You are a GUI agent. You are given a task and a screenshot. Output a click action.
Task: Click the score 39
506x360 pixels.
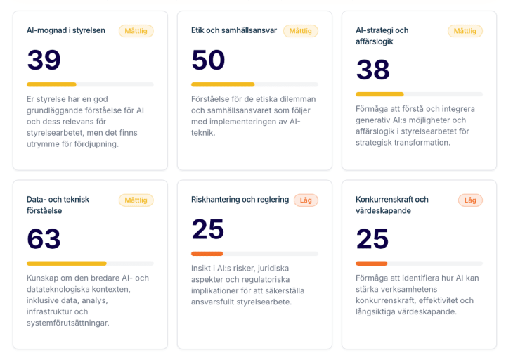tap(44, 60)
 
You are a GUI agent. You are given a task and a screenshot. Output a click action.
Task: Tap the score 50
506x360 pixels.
tap(208, 60)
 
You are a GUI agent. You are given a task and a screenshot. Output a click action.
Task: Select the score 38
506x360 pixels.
tap(372, 70)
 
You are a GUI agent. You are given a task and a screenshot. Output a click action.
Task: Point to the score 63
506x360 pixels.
tap(44, 239)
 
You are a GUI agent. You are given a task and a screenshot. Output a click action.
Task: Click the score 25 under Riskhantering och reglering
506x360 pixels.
tap(207, 229)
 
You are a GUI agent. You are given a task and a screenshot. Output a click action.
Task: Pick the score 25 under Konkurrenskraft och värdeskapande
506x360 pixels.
tap(372, 239)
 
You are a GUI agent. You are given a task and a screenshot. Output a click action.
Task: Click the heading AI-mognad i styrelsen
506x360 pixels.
tap(66, 30)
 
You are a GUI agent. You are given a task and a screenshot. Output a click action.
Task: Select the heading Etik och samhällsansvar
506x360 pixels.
tap(234, 30)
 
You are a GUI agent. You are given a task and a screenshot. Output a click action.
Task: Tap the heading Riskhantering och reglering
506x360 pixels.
tap(240, 199)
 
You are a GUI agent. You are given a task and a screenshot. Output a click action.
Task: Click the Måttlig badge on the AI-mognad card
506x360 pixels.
tap(136, 31)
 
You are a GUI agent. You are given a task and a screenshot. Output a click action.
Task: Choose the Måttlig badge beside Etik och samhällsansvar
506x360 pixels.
tap(300, 31)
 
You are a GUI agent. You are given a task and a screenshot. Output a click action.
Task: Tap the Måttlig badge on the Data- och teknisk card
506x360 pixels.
tap(136, 200)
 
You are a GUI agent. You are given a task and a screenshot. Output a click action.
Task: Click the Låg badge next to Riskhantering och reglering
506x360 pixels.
tap(306, 200)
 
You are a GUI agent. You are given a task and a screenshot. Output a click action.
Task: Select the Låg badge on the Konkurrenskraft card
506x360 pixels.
tap(470, 200)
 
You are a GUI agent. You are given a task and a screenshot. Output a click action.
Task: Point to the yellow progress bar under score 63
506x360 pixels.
tap(67, 263)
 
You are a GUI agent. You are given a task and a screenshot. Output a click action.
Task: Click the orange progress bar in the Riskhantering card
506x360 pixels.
tap(207, 253)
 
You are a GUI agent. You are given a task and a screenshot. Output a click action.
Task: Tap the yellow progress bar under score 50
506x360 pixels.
tap(223, 84)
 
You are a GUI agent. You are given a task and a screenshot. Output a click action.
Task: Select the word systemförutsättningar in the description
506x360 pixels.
tap(67, 323)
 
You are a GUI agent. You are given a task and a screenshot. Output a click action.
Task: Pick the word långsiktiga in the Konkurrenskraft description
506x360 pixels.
tap(378, 311)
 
